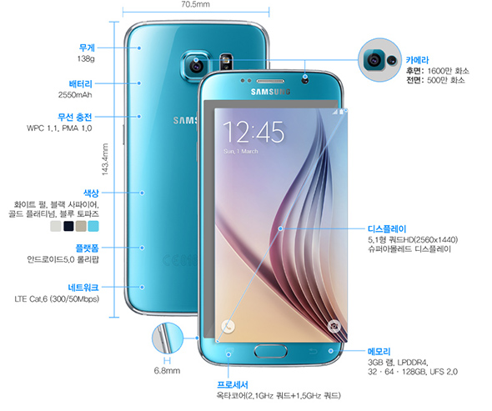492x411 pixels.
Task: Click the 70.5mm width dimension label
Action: tap(195, 4)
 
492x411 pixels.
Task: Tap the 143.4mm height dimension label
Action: tap(105, 159)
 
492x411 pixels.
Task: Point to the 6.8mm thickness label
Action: tap(167, 371)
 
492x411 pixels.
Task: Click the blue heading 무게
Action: tap(87, 48)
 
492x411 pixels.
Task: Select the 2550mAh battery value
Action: tap(75, 95)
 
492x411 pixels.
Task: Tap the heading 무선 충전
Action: tap(75, 117)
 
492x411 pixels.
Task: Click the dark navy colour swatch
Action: tap(68, 226)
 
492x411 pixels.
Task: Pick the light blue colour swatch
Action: tap(93, 226)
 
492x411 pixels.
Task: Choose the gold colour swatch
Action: tap(81, 226)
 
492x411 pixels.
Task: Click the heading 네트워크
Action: tap(83, 288)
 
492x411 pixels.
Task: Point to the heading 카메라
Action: tap(417, 60)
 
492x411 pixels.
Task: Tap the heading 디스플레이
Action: tap(387, 229)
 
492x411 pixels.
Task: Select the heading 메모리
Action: tap(379, 352)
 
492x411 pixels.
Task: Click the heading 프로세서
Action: tap(233, 384)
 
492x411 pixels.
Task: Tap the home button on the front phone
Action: tap(270, 351)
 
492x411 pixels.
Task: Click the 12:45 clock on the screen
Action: tap(254, 132)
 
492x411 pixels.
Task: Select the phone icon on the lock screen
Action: tap(228, 327)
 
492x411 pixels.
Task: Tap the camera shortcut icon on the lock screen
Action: tap(334, 326)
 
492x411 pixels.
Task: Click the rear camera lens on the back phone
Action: tap(196, 66)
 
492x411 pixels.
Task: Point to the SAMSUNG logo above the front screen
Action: tap(270, 92)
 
